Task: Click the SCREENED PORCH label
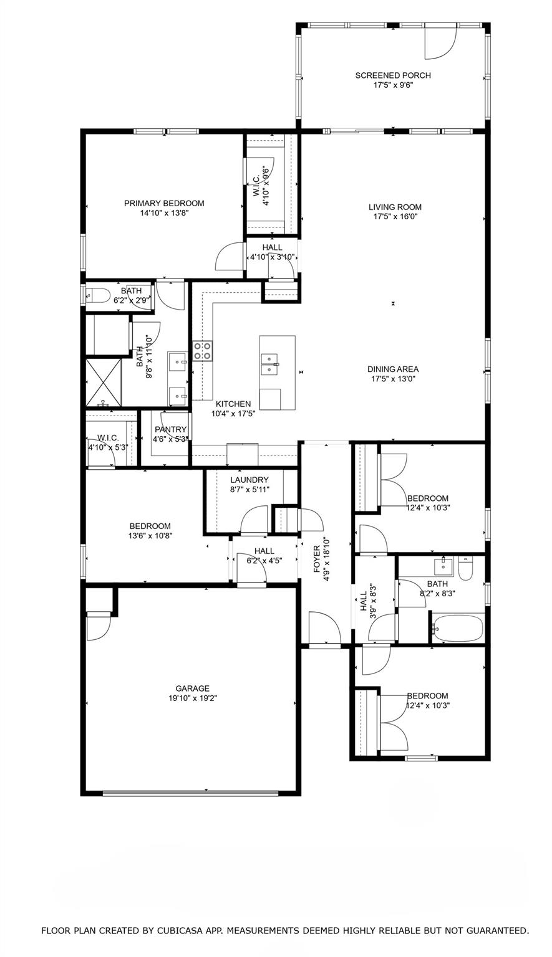393,75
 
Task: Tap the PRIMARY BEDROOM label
164,203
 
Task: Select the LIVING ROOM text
395,207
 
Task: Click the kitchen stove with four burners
202,351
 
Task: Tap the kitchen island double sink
270,363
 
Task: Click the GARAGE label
192,688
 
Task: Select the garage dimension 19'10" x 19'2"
192,698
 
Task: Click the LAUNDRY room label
249,480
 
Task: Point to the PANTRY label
171,429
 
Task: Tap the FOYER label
316,559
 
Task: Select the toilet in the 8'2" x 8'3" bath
465,568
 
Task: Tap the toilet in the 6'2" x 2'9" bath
99,295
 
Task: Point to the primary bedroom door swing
230,255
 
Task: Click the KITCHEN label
233,404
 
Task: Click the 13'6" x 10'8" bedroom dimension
150,535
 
